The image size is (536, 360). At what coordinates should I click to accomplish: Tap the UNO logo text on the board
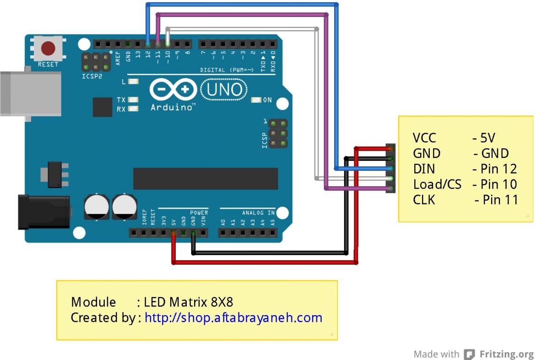click(224, 89)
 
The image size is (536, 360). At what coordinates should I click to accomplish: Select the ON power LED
click(256, 100)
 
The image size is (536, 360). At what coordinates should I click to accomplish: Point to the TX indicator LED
click(134, 99)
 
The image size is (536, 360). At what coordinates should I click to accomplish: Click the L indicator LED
click(134, 82)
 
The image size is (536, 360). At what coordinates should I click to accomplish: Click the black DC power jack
click(43, 212)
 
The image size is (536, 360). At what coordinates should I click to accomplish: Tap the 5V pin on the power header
click(173, 233)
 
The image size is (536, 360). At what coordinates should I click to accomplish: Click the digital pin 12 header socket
click(148, 44)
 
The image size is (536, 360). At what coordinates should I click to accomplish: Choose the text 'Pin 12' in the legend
click(498, 169)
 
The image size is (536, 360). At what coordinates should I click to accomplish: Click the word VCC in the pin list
click(424, 138)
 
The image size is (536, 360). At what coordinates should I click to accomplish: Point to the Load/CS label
click(437, 184)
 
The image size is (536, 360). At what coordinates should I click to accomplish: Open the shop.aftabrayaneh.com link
click(233, 317)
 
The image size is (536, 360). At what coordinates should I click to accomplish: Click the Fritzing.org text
click(507, 354)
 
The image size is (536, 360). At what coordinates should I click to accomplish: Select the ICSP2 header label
click(92, 76)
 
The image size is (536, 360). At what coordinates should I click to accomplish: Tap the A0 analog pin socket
click(223, 233)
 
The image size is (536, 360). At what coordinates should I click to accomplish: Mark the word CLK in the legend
click(424, 200)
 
